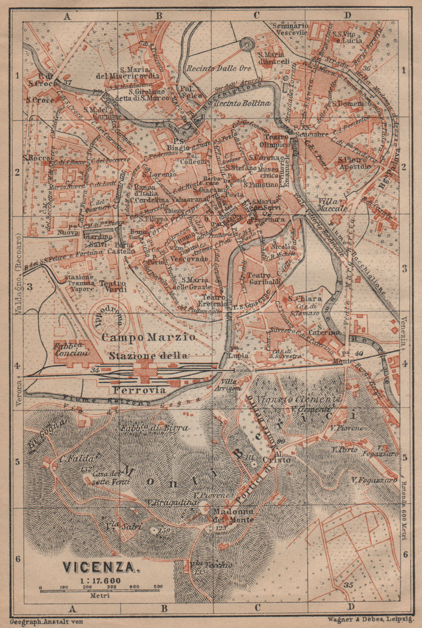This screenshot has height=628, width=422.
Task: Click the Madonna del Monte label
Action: (x=233, y=516)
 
